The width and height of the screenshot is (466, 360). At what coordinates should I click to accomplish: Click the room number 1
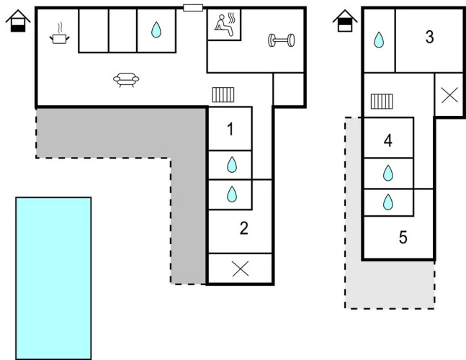pos(230,130)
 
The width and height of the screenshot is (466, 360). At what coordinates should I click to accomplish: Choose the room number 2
pos(243,229)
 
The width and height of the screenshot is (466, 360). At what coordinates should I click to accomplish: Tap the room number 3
pos(429,37)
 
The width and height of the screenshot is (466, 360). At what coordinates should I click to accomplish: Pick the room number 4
pos(388,141)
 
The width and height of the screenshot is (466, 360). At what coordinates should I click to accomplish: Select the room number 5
pos(403,237)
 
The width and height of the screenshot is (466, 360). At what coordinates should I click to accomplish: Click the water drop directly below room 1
pos(231,165)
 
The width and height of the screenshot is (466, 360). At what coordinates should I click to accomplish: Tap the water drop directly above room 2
pos(231,194)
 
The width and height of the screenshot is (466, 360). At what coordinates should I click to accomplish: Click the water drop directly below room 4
pos(388,173)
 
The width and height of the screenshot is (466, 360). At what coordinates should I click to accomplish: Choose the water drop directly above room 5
pos(388,202)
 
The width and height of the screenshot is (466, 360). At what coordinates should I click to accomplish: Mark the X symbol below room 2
pos(241,269)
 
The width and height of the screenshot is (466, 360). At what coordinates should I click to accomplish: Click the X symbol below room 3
pos(449,95)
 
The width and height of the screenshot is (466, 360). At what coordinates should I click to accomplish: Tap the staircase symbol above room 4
pos(380,102)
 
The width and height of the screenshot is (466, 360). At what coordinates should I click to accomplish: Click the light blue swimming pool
pos(53,277)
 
